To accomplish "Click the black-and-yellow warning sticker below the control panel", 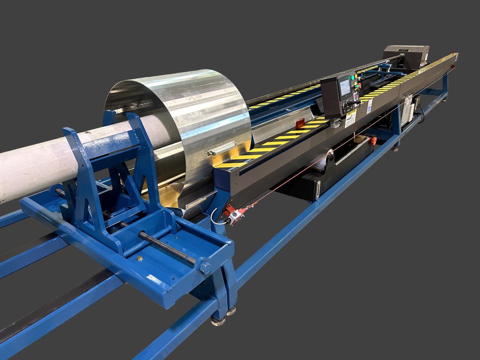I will point(351,119).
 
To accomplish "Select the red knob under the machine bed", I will point(373,141).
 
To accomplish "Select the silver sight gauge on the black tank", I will point(318,189).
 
